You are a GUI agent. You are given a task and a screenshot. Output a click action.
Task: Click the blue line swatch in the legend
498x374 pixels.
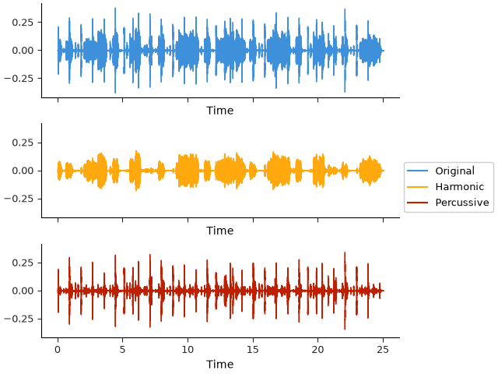click(417, 171)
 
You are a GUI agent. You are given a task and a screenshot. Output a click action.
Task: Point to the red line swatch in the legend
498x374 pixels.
click(417, 203)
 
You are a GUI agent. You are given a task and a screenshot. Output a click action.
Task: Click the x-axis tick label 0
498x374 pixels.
click(58, 350)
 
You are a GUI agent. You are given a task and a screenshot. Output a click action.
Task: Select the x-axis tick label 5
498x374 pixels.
click(123, 350)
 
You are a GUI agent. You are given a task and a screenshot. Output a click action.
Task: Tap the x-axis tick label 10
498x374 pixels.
click(188, 350)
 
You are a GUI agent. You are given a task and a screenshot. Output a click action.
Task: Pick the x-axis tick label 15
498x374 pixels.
click(253, 350)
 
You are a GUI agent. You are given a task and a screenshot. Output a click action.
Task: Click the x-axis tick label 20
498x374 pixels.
click(318, 350)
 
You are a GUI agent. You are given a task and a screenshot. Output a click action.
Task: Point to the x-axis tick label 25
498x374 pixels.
click(383, 350)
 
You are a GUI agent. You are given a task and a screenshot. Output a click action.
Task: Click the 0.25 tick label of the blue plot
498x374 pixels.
click(23, 23)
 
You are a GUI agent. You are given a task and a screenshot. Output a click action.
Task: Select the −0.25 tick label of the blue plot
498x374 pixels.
click(19, 79)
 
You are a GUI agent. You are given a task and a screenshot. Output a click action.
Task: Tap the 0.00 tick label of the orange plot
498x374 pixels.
click(23, 171)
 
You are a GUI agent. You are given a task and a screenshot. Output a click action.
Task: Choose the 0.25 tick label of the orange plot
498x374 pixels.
click(23, 143)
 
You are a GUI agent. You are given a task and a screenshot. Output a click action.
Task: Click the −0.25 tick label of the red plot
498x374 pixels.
click(19, 319)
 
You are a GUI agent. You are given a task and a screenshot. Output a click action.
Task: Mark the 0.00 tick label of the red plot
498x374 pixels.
click(23, 291)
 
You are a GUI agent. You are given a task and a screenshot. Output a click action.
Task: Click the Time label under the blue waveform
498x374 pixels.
click(219, 111)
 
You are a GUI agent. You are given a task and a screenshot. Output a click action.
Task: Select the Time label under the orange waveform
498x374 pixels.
click(219, 231)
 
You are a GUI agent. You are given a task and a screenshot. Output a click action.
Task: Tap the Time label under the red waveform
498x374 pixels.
click(219, 364)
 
